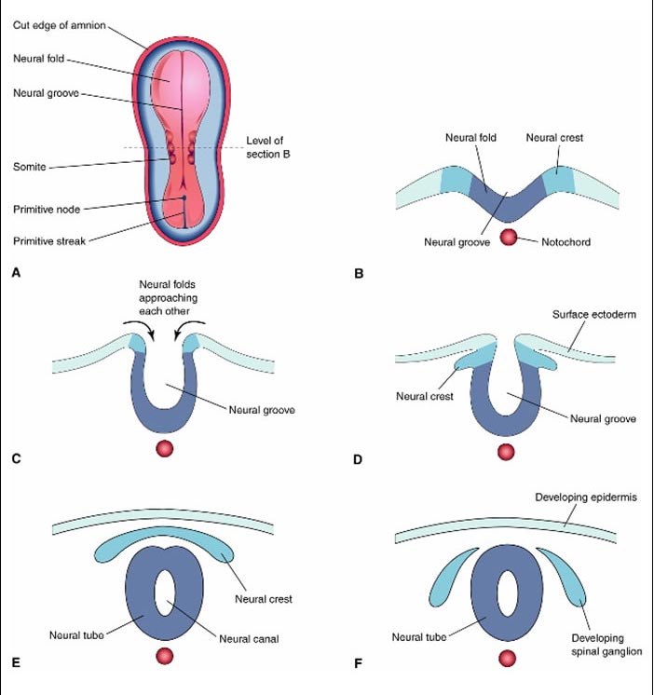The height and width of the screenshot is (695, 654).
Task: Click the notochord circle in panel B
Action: (509, 238)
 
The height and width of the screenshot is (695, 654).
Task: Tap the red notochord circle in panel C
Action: (164, 448)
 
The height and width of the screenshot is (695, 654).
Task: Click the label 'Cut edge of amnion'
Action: (60, 25)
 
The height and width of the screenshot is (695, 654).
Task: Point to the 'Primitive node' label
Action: (47, 210)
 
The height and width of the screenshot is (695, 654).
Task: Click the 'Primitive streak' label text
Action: (49, 241)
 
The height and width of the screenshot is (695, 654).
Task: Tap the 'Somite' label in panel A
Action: (29, 167)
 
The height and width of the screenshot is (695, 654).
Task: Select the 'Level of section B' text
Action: (268, 147)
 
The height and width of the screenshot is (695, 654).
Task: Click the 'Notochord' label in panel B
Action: (565, 242)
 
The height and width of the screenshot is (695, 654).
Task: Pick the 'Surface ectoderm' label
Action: (593, 314)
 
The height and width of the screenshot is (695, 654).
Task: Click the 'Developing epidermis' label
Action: (586, 497)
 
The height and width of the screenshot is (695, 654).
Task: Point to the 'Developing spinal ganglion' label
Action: (606, 645)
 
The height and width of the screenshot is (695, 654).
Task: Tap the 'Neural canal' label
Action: (249, 639)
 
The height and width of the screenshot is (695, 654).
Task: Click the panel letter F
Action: (358, 663)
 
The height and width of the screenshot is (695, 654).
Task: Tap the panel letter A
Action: (17, 273)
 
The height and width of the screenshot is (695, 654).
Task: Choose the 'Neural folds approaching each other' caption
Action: (168, 297)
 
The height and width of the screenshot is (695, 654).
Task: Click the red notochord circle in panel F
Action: (508, 659)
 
